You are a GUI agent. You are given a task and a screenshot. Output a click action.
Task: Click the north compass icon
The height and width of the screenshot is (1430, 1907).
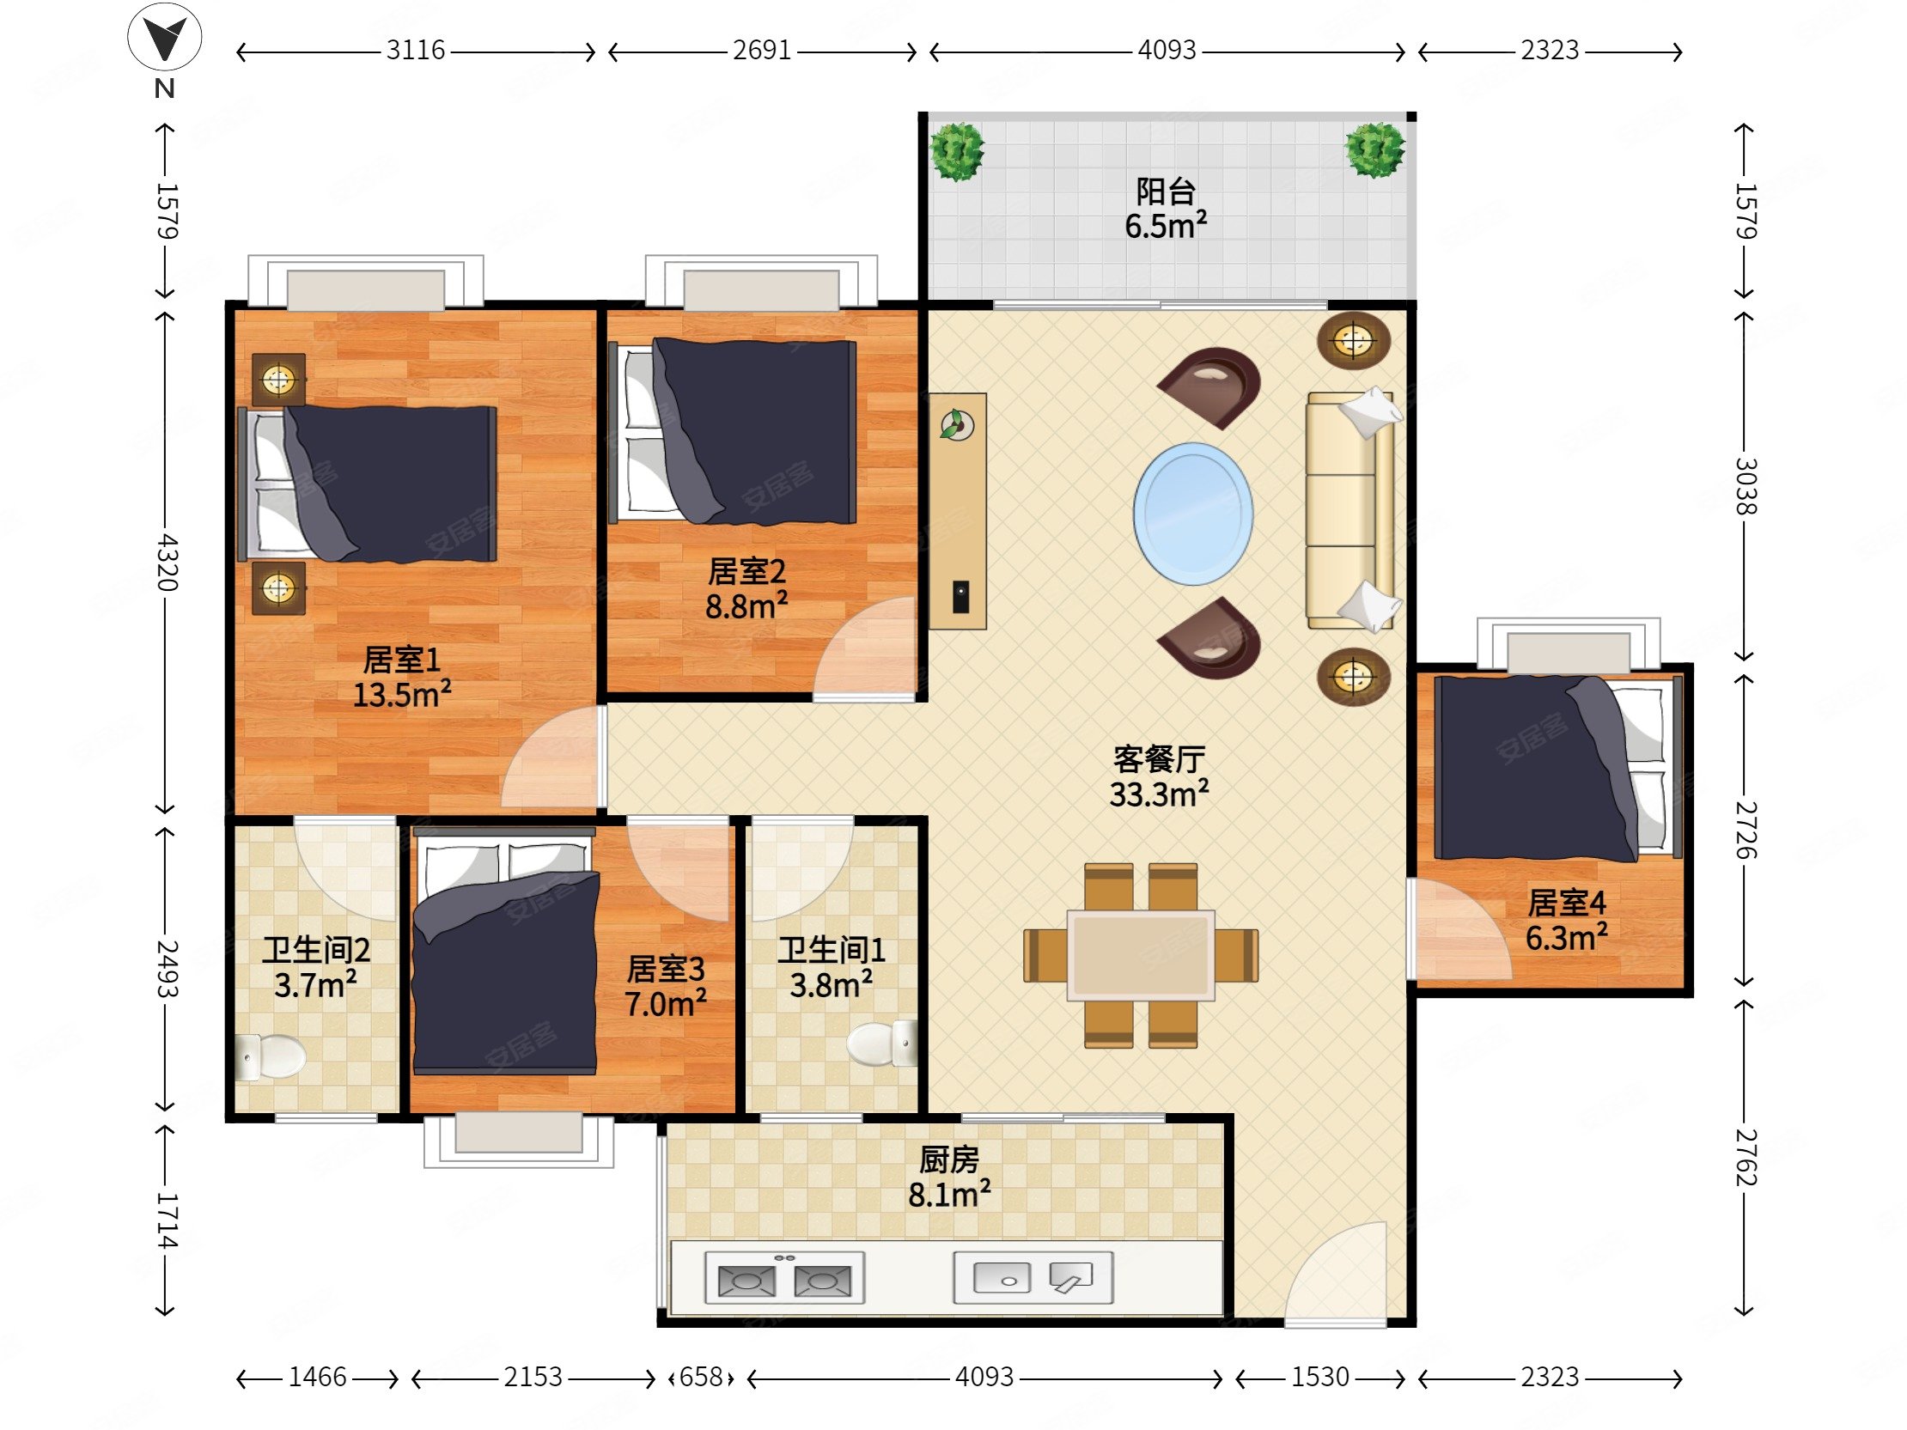pyautogui.click(x=165, y=39)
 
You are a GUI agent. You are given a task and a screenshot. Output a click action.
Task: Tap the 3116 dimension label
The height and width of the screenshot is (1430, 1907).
pyautogui.click(x=416, y=51)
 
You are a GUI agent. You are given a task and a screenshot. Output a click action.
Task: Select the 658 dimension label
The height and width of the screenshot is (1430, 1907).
pyautogui.click(x=701, y=1378)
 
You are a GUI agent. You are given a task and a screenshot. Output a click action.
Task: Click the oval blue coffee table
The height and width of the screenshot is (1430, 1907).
pyautogui.click(x=1193, y=514)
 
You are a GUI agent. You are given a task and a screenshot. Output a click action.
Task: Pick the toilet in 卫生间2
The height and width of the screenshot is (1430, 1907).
pyautogui.click(x=270, y=1056)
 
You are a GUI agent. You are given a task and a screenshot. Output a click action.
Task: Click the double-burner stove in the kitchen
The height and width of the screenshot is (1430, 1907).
pyautogui.click(x=784, y=1278)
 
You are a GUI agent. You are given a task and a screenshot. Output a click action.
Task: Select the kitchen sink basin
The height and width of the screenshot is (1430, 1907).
pyautogui.click(x=1002, y=1277)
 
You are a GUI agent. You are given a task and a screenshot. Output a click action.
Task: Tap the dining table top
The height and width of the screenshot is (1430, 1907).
pyautogui.click(x=1141, y=955)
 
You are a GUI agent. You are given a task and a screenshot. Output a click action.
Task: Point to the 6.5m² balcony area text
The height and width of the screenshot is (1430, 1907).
pyautogui.click(x=1166, y=226)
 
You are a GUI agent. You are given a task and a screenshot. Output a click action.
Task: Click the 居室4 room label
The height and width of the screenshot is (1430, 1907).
pyautogui.click(x=1567, y=903)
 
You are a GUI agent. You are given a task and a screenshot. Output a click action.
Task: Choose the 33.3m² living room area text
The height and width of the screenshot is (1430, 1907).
pyautogui.click(x=1159, y=794)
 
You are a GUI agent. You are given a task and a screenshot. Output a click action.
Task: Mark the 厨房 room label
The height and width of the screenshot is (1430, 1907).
pyautogui.click(x=949, y=1160)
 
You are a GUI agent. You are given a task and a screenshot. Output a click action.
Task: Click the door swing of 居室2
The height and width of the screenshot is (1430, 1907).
pyautogui.click(x=865, y=647)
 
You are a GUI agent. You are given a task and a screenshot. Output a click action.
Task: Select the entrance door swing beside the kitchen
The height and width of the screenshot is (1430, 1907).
pyautogui.click(x=1336, y=1272)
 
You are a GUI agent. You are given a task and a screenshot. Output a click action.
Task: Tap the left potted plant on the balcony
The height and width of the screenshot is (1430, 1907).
pyautogui.click(x=957, y=152)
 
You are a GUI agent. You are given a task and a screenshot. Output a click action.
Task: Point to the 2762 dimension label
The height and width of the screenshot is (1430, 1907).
pyautogui.click(x=1746, y=1157)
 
